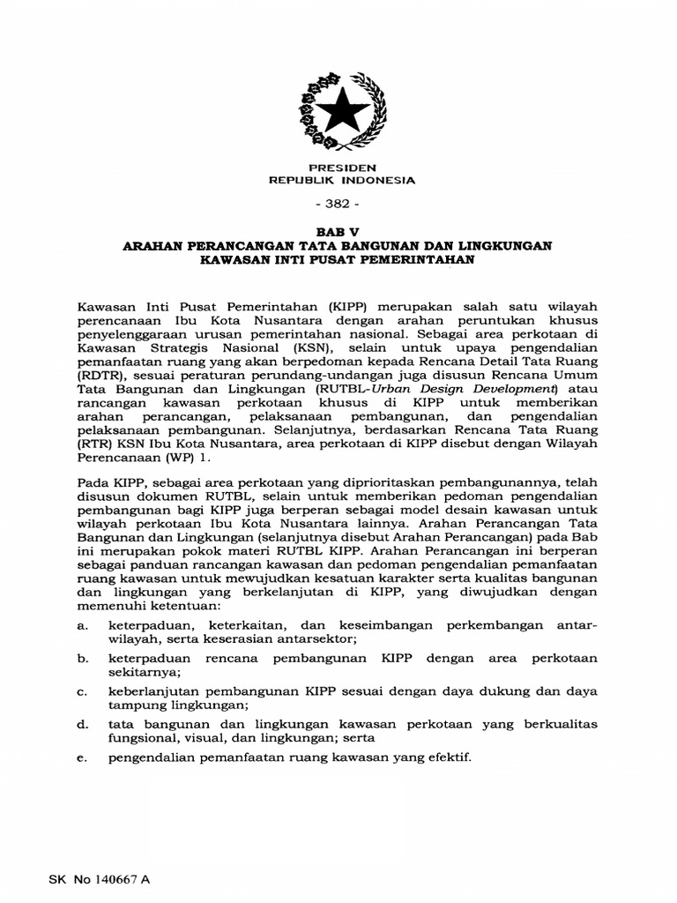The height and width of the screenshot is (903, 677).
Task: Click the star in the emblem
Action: click(340, 112)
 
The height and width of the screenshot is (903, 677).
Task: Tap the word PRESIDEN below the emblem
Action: click(341, 168)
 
